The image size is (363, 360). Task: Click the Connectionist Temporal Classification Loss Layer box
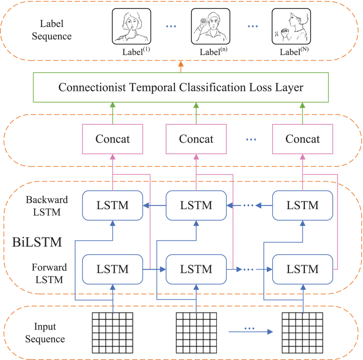(x=181, y=88)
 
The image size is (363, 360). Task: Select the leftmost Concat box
(x=112, y=139)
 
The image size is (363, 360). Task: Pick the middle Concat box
(x=196, y=139)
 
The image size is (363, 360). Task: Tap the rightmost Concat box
(x=302, y=139)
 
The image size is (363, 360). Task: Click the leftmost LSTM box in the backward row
(x=112, y=205)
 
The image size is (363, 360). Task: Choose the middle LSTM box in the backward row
(x=196, y=205)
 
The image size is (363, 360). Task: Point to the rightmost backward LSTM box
(x=302, y=205)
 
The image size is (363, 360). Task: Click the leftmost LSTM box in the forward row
(x=112, y=269)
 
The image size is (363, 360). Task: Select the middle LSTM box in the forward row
(x=196, y=269)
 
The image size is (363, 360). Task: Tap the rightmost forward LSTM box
(x=302, y=269)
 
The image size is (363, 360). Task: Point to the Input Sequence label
(x=45, y=333)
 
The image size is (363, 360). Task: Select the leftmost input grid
(x=112, y=332)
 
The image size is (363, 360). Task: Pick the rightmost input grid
(x=302, y=332)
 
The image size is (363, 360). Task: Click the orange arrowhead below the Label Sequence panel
(x=181, y=65)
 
